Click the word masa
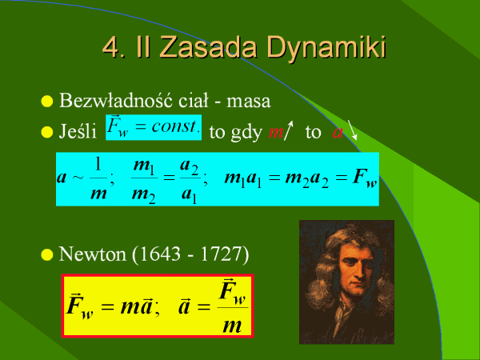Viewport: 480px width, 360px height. pyautogui.click(x=249, y=102)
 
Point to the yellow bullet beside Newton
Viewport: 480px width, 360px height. pyautogui.click(x=47, y=254)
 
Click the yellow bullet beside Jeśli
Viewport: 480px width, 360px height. pyautogui.click(x=47, y=132)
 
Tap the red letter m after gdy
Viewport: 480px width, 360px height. pyautogui.click(x=276, y=133)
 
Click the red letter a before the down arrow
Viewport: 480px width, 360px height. pyautogui.click(x=338, y=133)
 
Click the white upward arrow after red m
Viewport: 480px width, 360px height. pyautogui.click(x=289, y=130)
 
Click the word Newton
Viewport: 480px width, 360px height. pyautogui.click(x=92, y=254)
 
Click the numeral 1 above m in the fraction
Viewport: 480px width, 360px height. pyautogui.click(x=98, y=164)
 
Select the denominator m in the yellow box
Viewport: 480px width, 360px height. pyautogui.click(x=232, y=326)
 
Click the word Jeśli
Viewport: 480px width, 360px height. pyautogui.click(x=78, y=131)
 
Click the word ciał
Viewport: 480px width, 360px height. pyautogui.click(x=193, y=100)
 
